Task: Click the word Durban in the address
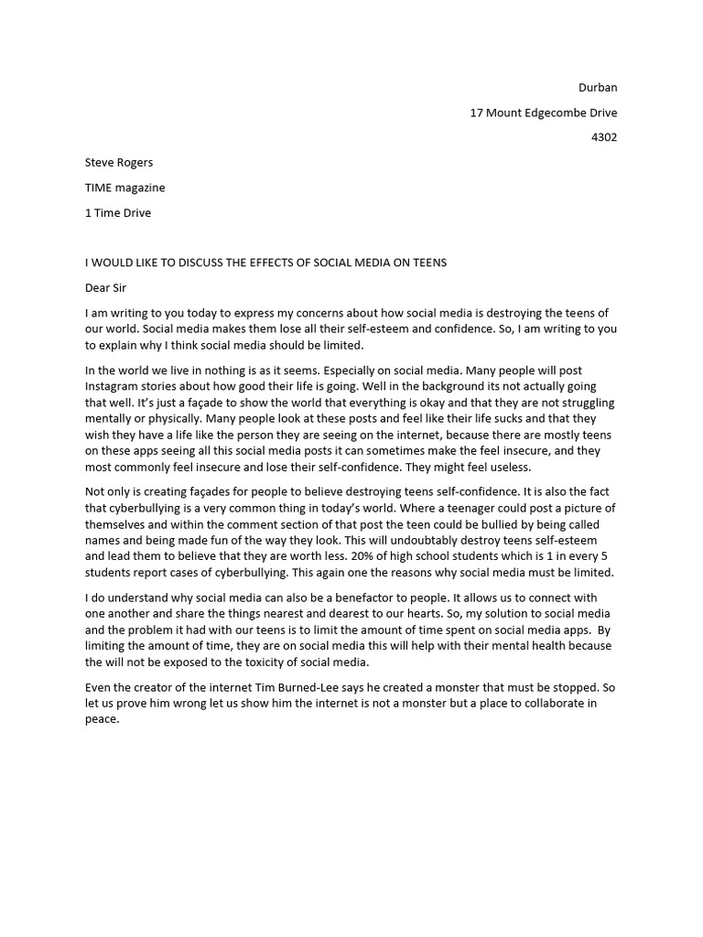pyautogui.click(x=598, y=88)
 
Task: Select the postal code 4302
pyautogui.click(x=602, y=137)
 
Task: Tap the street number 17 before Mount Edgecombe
pyautogui.click(x=477, y=113)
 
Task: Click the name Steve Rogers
pyautogui.click(x=119, y=163)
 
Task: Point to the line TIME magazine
pyautogui.click(x=124, y=188)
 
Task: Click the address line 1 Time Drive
pyautogui.click(x=118, y=212)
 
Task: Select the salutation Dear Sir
pyautogui.click(x=105, y=287)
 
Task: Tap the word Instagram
pyautogui.click(x=114, y=386)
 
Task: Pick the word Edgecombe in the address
pyautogui.click(x=557, y=113)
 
